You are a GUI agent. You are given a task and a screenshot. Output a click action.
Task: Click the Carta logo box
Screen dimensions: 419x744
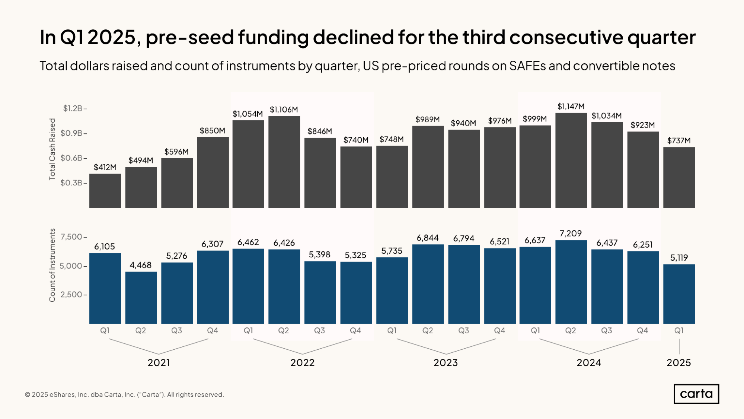[x=696, y=394]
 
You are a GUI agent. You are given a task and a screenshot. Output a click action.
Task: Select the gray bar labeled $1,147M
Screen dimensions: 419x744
[x=571, y=160]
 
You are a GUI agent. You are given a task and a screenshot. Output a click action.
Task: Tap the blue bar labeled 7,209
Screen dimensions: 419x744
[x=571, y=282]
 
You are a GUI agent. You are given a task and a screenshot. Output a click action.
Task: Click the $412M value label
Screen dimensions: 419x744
[x=105, y=167]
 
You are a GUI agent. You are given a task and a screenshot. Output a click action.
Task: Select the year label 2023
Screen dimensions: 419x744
[x=446, y=362]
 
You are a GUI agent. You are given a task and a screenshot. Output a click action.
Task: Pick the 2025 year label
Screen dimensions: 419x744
[x=678, y=362]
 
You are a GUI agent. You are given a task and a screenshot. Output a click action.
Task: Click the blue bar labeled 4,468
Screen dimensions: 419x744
[x=141, y=298]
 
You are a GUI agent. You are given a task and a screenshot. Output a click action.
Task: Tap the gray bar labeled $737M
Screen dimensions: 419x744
[x=679, y=177]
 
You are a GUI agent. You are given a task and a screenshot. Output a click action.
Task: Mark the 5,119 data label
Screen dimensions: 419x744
[x=679, y=257]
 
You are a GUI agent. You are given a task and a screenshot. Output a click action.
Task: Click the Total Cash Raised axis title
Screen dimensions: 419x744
[x=52, y=149]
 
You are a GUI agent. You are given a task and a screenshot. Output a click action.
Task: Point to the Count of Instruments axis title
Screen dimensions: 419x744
[x=52, y=265]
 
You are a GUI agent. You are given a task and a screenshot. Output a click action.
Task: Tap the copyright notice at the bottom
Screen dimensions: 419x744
[x=124, y=394]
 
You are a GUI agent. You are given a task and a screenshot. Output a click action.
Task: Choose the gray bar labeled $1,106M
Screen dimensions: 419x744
[x=284, y=162]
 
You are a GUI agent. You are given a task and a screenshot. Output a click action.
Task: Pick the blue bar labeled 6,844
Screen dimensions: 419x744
[x=428, y=284]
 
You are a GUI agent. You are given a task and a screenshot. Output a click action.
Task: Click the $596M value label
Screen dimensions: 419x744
[x=176, y=152]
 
